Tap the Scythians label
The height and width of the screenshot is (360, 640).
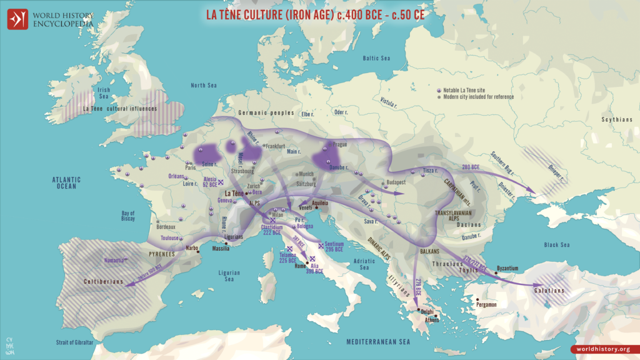point(617,119)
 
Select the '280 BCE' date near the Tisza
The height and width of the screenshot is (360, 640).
point(470,167)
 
